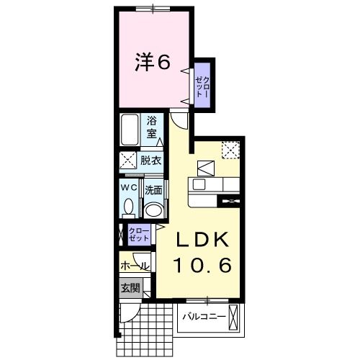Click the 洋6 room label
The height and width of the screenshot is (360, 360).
[x=153, y=63]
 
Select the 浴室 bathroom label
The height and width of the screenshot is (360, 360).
[x=152, y=127]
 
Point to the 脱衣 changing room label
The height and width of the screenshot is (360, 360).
[x=151, y=161]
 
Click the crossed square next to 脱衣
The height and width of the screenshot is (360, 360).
[x=127, y=161]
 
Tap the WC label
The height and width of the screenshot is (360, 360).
[x=128, y=188]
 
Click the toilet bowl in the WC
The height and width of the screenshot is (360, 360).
[x=128, y=207]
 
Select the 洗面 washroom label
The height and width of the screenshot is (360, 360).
[x=153, y=191]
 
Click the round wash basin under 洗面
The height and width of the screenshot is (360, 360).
[x=152, y=210]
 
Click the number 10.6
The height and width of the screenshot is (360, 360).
[x=202, y=266]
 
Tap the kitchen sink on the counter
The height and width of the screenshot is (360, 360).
[x=199, y=185]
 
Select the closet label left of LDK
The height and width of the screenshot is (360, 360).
[x=138, y=233]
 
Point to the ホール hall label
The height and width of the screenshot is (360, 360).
[x=135, y=266]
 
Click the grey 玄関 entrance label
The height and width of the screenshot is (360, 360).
[x=130, y=289]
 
